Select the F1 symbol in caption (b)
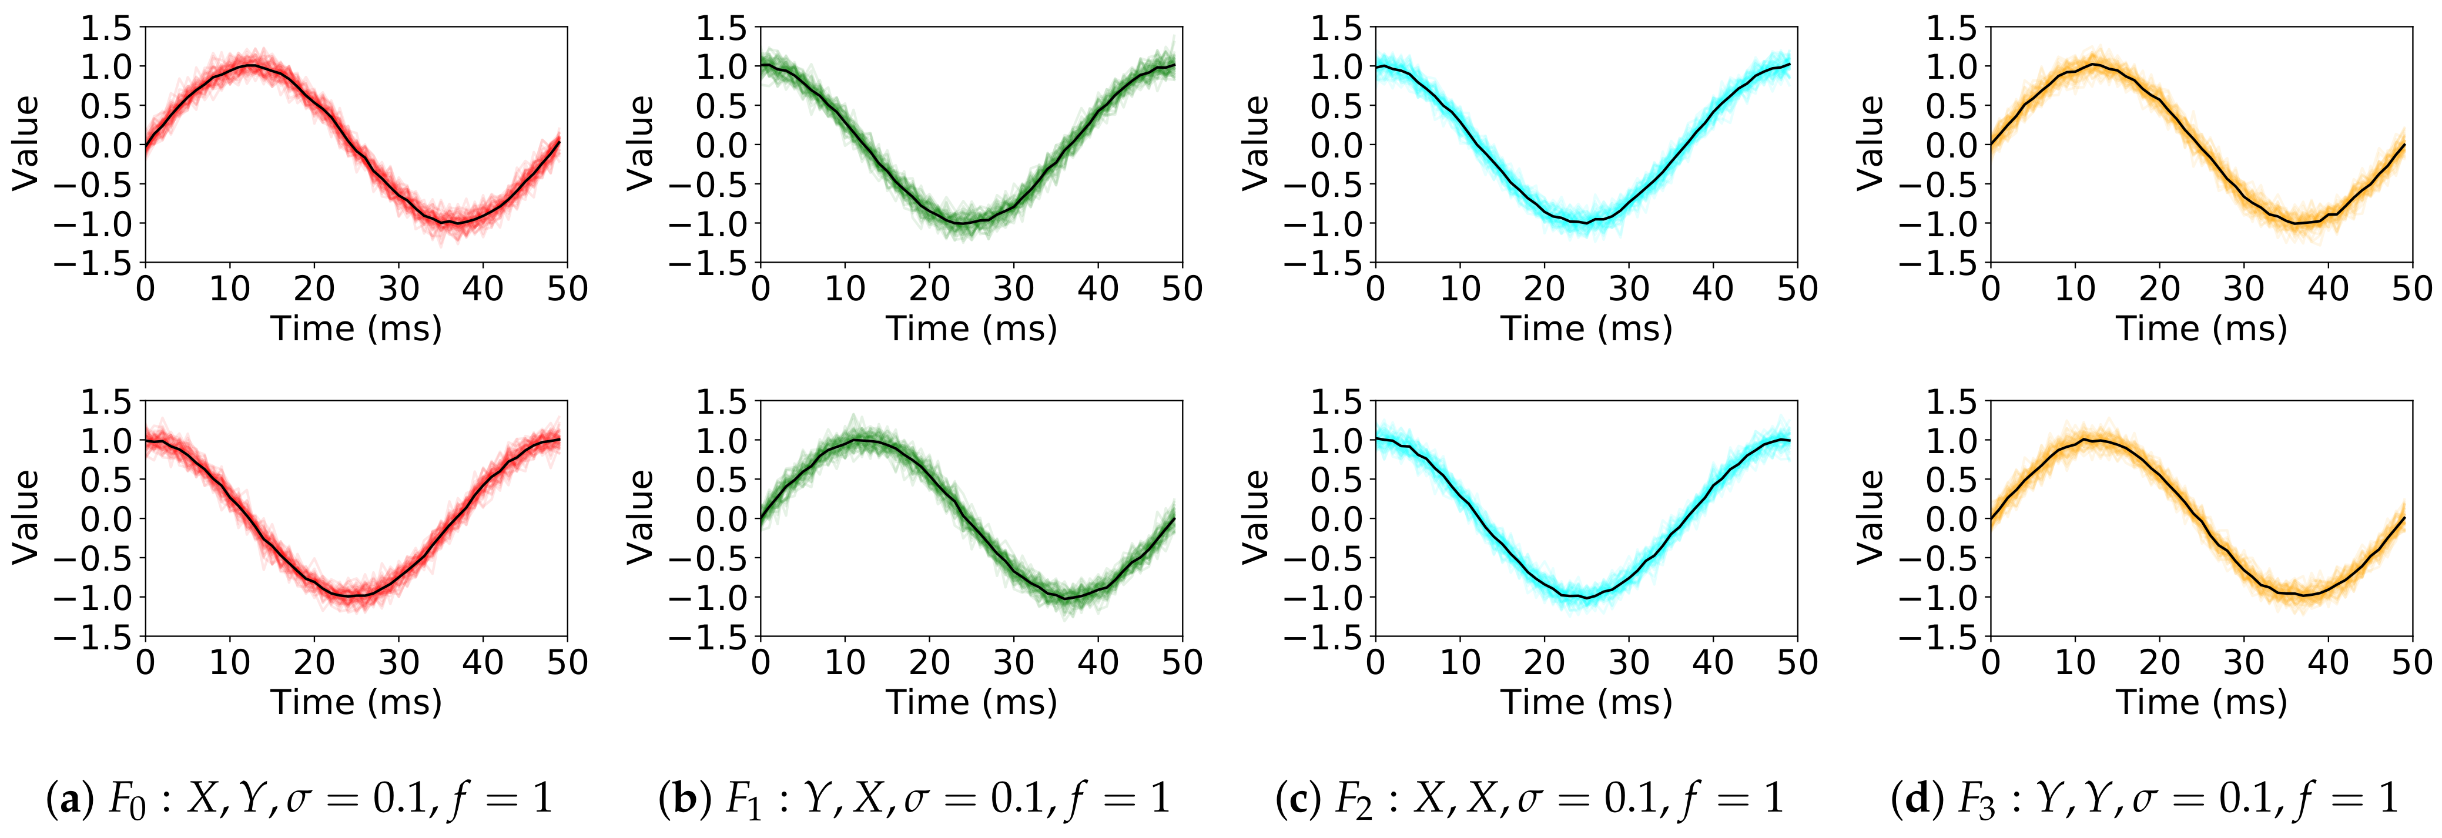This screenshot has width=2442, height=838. tap(743, 799)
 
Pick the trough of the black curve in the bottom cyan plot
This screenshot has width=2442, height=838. tap(1587, 597)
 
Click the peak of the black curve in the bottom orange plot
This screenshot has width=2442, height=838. tap(2094, 440)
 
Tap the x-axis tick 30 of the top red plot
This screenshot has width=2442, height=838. tap(398, 288)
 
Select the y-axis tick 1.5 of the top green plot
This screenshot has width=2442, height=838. tap(721, 28)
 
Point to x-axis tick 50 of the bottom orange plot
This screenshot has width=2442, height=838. tap(2411, 662)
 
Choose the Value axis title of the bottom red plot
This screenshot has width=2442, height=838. tap(26, 518)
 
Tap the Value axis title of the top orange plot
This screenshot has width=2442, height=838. tap(1870, 143)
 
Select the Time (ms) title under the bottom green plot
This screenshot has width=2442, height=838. tap(971, 702)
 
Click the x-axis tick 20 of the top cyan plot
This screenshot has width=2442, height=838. tap(1545, 288)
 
